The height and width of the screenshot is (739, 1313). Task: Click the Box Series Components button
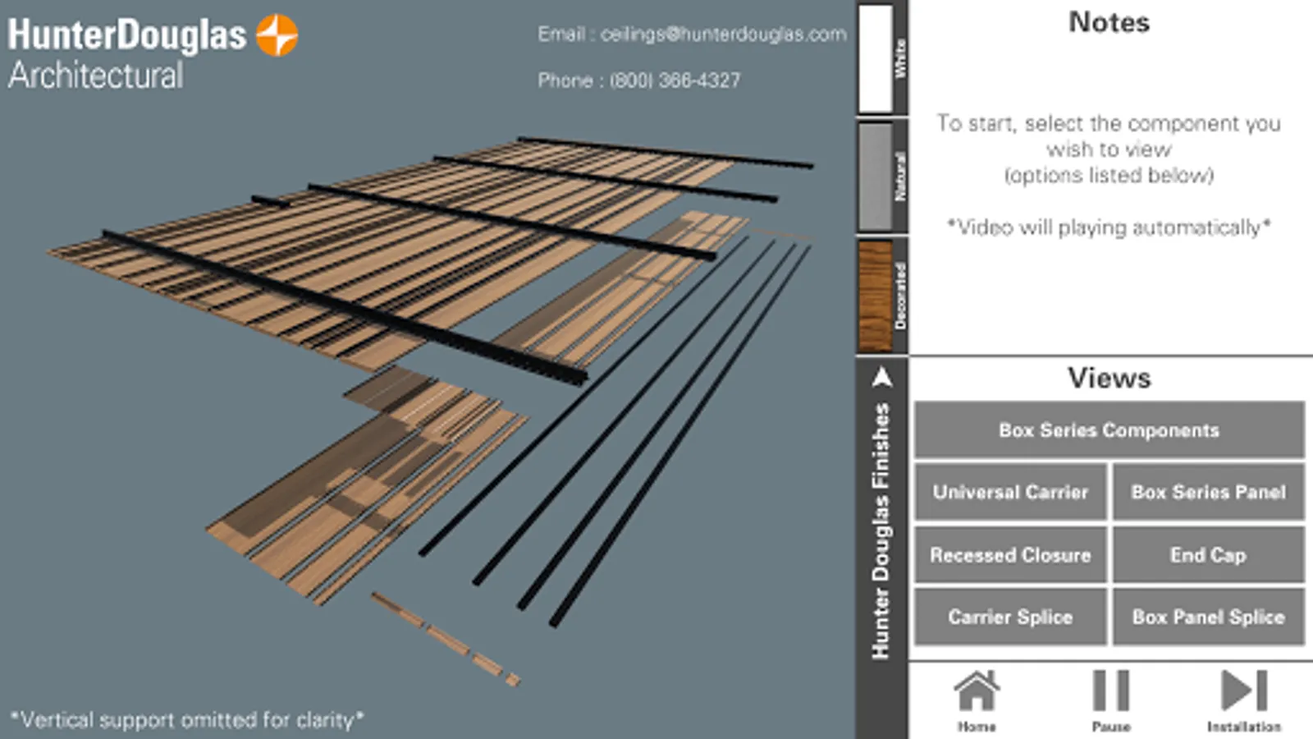point(1109,430)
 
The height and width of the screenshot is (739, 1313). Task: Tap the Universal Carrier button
point(1010,492)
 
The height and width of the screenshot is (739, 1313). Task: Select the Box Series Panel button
point(1209,492)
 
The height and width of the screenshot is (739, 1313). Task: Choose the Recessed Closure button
point(1010,555)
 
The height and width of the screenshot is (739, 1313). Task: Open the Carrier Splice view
point(1010,617)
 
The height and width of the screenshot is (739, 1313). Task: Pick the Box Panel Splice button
point(1209,617)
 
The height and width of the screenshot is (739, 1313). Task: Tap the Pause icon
point(1111,691)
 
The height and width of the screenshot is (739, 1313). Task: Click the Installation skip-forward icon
point(1244,691)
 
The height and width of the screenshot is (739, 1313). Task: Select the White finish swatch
point(875,58)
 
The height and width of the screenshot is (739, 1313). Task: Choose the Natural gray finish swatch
point(875,176)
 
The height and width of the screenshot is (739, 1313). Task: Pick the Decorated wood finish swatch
point(875,296)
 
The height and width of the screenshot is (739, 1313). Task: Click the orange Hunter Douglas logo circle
point(277,35)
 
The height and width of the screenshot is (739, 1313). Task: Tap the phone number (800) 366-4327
point(675,80)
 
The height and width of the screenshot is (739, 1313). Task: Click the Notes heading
point(1109,22)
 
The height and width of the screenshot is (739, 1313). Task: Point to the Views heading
point(1109,378)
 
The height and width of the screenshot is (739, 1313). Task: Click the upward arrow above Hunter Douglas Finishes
point(882,378)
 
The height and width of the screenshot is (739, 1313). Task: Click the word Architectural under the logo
point(95,76)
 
